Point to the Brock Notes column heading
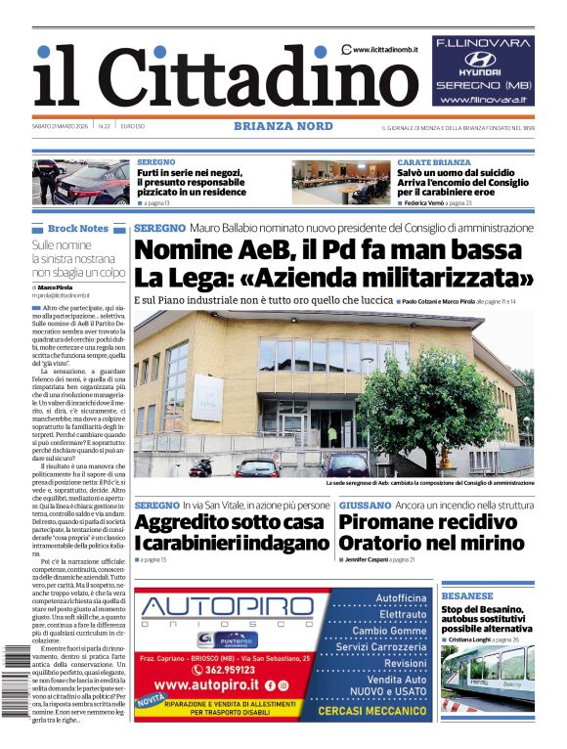(78, 228)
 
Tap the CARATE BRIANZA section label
(433, 162)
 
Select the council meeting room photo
(341, 182)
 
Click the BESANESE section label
(467, 595)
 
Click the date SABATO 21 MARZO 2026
(62, 126)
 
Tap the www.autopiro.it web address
(212, 685)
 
